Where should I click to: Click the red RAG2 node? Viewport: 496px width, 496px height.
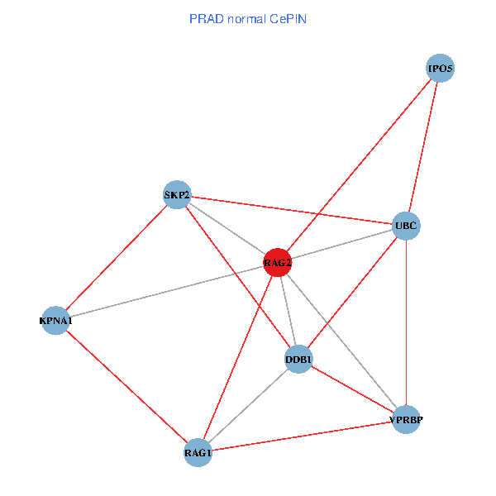tap(278, 263)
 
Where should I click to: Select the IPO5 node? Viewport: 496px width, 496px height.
tap(441, 69)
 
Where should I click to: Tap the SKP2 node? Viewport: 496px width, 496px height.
tap(177, 196)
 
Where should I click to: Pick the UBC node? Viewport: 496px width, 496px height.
tap(406, 225)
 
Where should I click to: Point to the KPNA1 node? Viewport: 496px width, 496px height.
tap(55, 320)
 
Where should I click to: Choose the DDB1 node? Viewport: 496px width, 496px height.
tap(298, 359)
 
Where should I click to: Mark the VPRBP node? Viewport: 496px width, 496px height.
tap(407, 420)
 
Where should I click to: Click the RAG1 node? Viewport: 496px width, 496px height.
tap(198, 452)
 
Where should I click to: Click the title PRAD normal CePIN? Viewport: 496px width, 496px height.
tap(247, 18)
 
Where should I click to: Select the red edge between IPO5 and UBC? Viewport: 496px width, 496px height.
tap(423, 146)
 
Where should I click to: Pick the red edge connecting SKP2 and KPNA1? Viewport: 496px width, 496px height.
tap(116, 258)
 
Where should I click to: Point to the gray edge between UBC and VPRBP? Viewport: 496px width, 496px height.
tap(406, 322)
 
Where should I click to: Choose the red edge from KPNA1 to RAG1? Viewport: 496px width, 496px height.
tap(126, 386)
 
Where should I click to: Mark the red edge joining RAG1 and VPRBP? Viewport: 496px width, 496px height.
tap(303, 436)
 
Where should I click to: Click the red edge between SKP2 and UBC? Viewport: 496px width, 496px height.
tap(291, 210)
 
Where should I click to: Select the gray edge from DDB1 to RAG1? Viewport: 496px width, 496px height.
tap(248, 406)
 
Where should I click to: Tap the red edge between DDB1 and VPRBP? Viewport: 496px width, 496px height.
tap(352, 389)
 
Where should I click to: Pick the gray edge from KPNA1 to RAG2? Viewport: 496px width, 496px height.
tap(166, 291)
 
